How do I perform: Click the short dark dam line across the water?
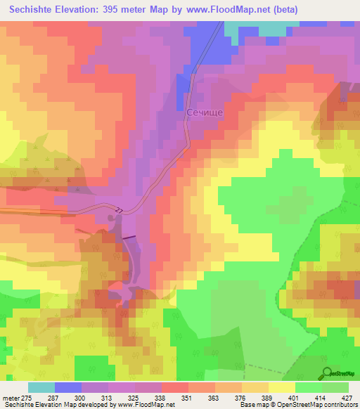point(129,238)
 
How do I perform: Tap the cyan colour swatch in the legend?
point(41,387)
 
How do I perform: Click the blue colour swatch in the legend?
point(68,387)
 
